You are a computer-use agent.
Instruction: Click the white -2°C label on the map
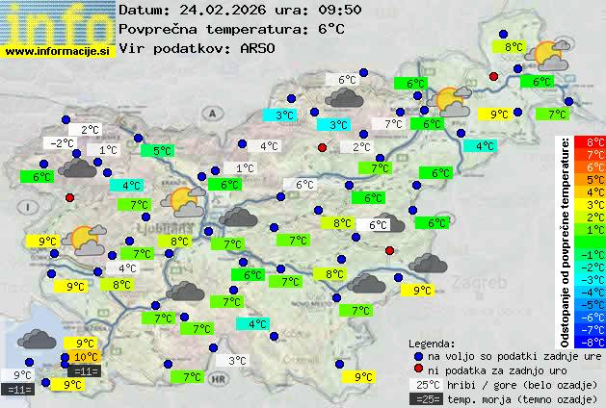coord(61,143)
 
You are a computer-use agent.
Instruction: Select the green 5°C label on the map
coord(158,151)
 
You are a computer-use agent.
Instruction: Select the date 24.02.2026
coord(216,10)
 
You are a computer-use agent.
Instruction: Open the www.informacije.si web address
coord(58,51)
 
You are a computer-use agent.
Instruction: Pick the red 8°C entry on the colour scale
coord(595,142)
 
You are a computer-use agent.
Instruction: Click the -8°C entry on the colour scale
coord(594,342)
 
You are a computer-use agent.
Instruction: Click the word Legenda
coord(432,344)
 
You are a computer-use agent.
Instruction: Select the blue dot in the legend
coord(418,356)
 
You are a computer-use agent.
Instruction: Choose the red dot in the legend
coord(418,370)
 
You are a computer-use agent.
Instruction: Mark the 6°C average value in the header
coord(330,29)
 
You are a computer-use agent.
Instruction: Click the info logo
coord(58,23)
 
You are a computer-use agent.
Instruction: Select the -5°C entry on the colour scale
coord(594,304)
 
